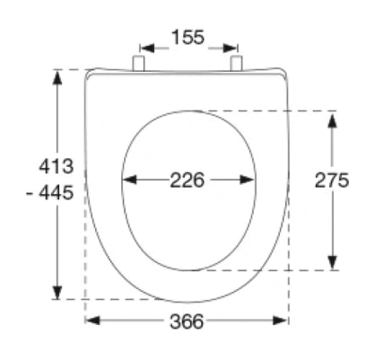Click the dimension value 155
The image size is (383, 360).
tap(188, 37)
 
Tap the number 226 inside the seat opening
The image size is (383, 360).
tap(187, 180)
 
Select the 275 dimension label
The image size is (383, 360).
tap(332, 180)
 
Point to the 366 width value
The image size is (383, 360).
tap(187, 321)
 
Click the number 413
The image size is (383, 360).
tap(57, 166)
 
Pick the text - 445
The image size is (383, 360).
tap(50, 192)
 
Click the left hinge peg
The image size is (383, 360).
tap(138, 64)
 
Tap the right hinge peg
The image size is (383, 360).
tap(236, 64)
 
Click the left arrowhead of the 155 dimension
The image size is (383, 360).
tap(147, 48)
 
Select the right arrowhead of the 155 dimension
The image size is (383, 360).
tap(231, 48)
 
